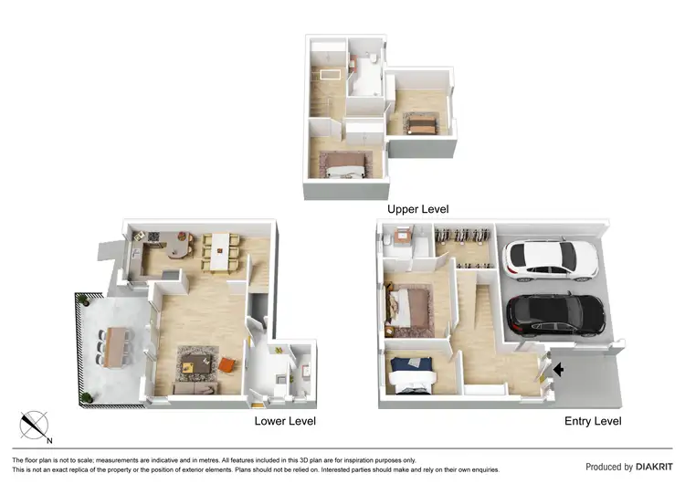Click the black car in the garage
point(554,313)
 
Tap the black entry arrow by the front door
point(559,369)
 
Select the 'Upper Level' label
point(417,209)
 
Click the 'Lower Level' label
point(286,421)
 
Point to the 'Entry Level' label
point(592,421)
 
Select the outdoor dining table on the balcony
point(114,346)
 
